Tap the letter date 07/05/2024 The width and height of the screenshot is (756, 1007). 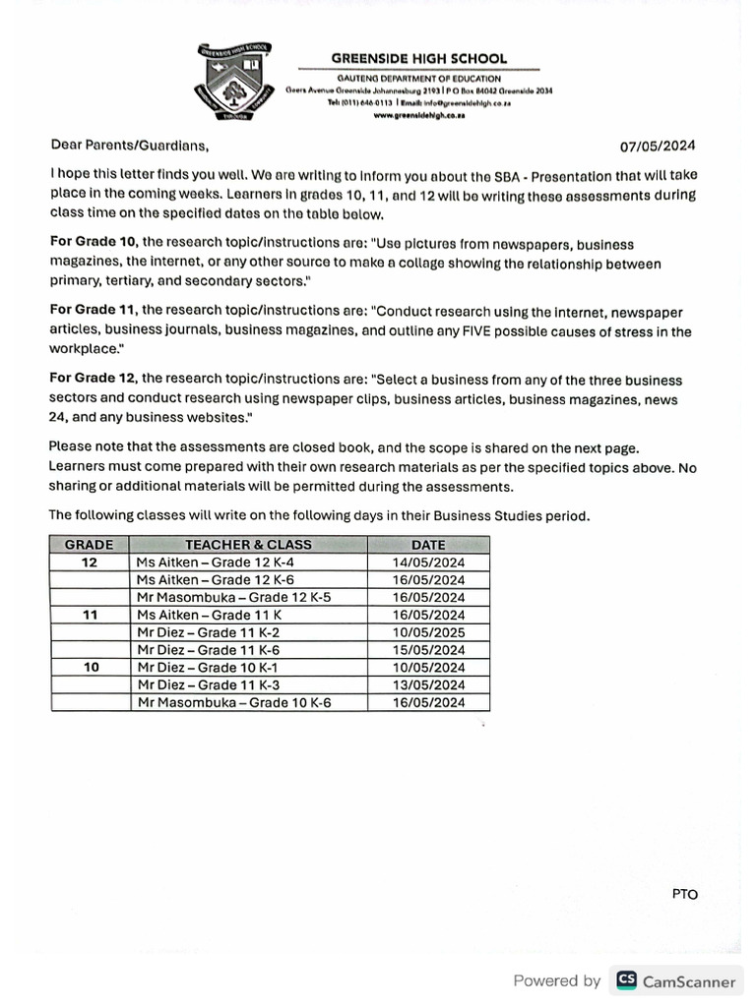[x=658, y=147]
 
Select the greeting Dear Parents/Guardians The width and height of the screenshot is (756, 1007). [x=130, y=147]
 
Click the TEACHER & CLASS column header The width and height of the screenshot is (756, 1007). [x=248, y=545]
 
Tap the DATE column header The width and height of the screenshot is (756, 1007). [x=428, y=545]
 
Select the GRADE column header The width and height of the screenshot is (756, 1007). [x=90, y=545]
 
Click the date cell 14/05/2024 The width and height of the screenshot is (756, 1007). [x=428, y=563]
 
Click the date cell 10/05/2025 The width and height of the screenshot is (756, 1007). [x=428, y=632]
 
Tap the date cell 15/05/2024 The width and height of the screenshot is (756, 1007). [x=428, y=650]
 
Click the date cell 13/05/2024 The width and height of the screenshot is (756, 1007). [x=428, y=685]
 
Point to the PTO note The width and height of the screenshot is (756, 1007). [x=685, y=894]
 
